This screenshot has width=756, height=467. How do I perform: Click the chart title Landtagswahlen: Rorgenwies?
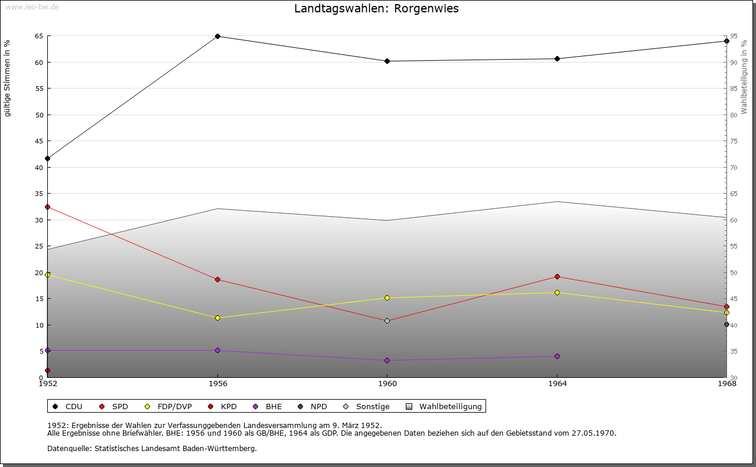376,9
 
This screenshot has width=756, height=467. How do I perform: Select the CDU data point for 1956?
217,36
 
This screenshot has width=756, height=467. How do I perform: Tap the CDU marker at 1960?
387,61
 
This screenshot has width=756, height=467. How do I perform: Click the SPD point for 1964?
557,277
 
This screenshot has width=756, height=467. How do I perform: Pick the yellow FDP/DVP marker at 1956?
217,318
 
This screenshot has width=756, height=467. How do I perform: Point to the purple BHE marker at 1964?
557,356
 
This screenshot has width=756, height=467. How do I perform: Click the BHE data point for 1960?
387,360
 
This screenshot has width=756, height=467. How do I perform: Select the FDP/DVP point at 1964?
557,292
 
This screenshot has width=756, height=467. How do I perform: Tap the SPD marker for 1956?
217,279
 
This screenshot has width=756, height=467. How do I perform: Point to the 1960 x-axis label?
387,384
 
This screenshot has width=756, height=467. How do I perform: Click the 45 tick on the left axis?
39,141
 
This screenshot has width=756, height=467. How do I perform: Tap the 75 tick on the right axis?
733,141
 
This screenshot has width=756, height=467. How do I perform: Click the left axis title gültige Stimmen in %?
8,79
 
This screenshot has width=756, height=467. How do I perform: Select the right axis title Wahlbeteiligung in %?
744,77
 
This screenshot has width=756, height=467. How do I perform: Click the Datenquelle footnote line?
152,448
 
